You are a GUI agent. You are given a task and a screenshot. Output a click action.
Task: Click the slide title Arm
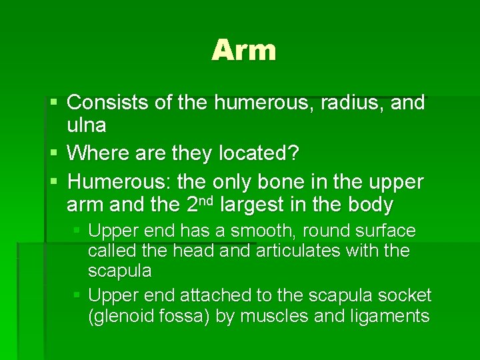click(x=243, y=51)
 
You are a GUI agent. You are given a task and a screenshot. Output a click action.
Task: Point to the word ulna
click(x=87, y=126)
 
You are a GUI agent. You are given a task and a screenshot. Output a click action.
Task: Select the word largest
click(x=253, y=204)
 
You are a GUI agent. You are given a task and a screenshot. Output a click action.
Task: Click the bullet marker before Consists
click(x=55, y=103)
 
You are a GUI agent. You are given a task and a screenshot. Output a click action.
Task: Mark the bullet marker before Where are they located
click(x=55, y=153)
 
